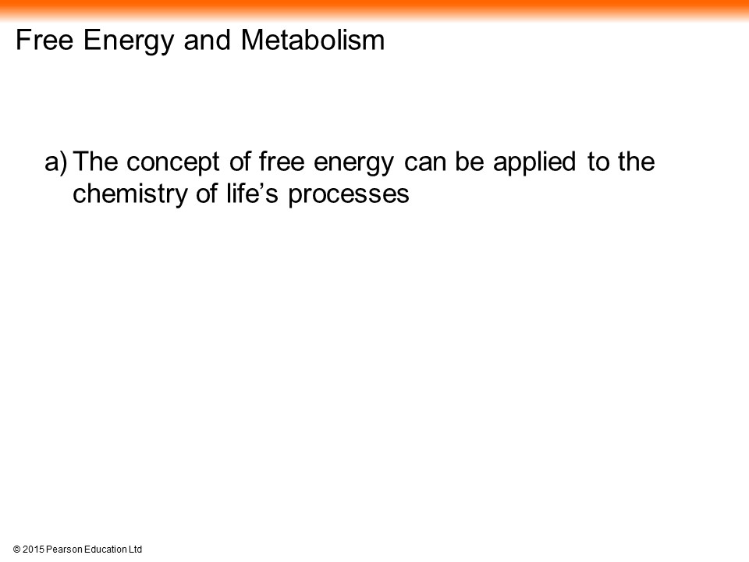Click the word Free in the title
[44, 39]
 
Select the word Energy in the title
[129, 42]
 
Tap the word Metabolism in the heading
[313, 39]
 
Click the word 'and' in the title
[208, 39]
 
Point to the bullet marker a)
[56, 162]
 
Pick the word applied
[534, 163]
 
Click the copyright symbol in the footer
[16, 550]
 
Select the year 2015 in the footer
[33, 550]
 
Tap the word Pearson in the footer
[64, 550]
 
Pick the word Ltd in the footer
[135, 550]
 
